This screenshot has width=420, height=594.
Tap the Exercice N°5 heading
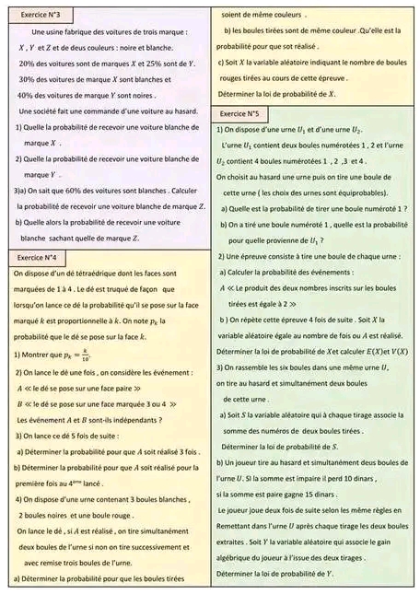point(240,113)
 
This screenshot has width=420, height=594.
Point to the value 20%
point(26,63)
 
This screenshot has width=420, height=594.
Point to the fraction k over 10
point(85,353)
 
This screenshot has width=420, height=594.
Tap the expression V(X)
point(394,352)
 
